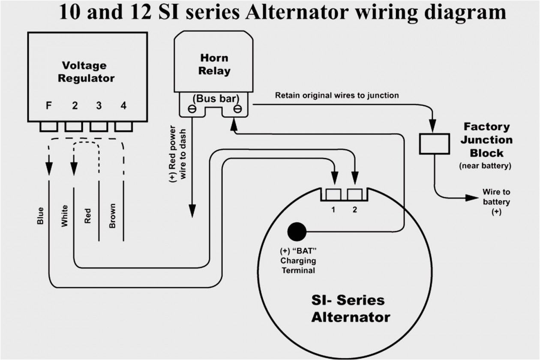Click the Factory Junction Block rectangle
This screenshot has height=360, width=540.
(434, 144)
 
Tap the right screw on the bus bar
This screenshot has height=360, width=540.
(237, 110)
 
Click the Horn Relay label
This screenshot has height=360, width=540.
(214, 64)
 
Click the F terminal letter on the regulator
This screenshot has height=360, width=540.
(49, 105)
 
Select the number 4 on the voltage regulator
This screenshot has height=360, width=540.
(123, 105)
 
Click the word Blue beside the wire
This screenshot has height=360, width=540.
(40, 216)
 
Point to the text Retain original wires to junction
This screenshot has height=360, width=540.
(337, 95)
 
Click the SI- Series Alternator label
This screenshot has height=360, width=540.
(348, 309)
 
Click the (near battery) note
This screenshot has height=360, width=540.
(485, 166)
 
